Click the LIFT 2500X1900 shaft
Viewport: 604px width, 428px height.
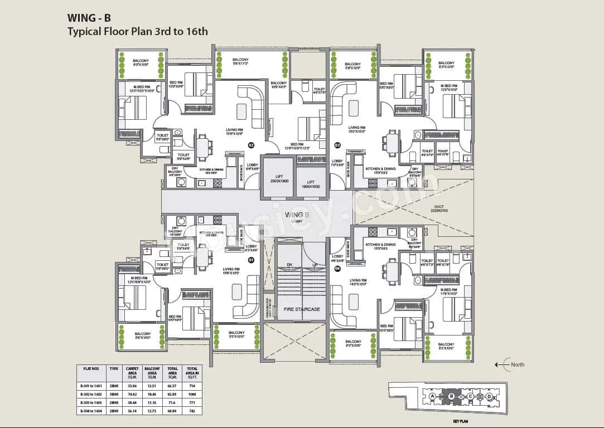coord(278,178)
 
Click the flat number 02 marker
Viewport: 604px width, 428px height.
coord(251,145)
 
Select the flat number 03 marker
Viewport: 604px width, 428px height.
coord(337,145)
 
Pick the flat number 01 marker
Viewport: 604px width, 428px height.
coord(251,260)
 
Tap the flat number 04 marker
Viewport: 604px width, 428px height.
coord(337,269)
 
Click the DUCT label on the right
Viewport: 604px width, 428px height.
coord(439,207)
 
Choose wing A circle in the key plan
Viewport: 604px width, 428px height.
coord(432,396)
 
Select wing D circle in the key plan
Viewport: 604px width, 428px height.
coord(489,396)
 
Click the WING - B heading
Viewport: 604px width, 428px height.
coord(89,17)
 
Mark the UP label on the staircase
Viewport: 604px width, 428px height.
coord(315,265)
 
